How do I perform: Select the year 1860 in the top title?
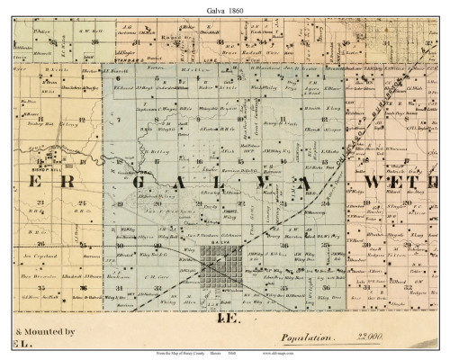(236, 8)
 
